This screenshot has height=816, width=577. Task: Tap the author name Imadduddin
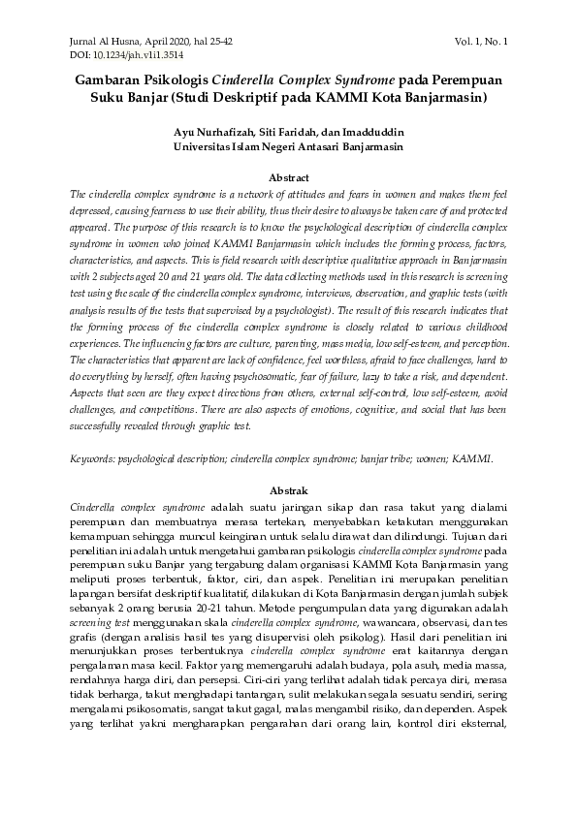pyautogui.click(x=372, y=132)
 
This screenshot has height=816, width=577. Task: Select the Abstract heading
pyautogui.click(x=288, y=178)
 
